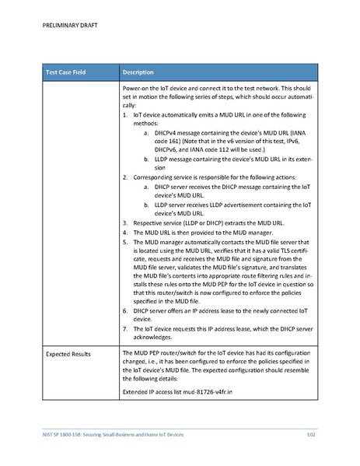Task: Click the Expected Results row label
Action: tap(68, 354)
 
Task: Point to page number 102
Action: tap(310, 433)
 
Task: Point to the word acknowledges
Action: tap(161, 338)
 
